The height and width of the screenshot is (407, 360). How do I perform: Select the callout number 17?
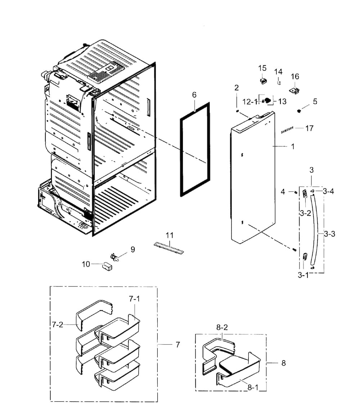tap(309, 128)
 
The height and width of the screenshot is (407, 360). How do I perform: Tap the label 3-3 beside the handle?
tap(329, 234)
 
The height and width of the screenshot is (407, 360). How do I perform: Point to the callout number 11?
tap(170, 235)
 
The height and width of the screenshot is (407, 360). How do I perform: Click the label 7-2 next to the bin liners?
tap(57, 325)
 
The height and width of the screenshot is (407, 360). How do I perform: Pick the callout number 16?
tap(295, 76)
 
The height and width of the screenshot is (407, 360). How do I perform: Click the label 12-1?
tap(250, 102)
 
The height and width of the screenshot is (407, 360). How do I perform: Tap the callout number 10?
tap(86, 264)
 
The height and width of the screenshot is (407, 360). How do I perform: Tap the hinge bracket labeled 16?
tap(295, 90)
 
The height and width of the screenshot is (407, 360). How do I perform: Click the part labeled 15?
tap(264, 80)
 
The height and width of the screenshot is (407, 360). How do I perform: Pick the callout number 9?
tap(133, 249)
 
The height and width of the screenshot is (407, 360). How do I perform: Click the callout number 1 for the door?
tap(293, 146)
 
